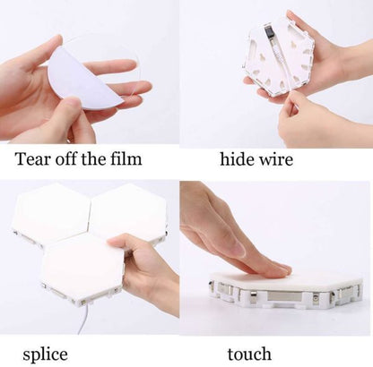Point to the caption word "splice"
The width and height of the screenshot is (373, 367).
45,355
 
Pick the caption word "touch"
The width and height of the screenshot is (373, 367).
249,354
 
